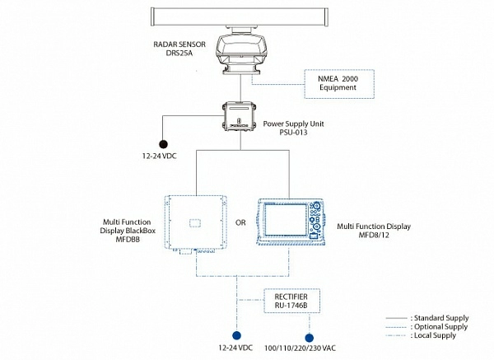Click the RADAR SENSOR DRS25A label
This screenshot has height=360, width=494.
(179, 49)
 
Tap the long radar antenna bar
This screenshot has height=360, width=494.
(240, 16)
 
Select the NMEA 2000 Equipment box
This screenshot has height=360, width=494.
(339, 84)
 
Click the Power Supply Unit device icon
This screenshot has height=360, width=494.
(239, 115)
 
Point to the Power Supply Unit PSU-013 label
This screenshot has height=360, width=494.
(293, 128)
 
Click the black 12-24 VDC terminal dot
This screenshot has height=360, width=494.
(163, 144)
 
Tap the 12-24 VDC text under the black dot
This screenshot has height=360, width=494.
(160, 156)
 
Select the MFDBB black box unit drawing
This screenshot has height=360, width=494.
(196, 224)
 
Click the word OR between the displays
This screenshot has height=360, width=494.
(240, 222)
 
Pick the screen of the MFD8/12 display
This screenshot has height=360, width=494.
(286, 220)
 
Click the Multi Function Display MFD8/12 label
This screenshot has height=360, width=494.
(374, 231)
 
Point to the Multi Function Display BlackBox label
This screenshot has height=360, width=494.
(128, 231)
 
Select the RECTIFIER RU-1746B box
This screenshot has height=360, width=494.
(291, 301)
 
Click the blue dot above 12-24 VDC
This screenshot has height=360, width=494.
(236, 335)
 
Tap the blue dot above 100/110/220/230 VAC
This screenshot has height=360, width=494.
(309, 338)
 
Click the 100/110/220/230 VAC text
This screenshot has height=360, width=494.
(300, 348)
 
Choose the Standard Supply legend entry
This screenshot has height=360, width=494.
(427, 318)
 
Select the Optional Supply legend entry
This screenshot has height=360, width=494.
(426, 326)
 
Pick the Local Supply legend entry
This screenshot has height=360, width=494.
(421, 335)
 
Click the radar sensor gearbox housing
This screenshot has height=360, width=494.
(241, 52)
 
